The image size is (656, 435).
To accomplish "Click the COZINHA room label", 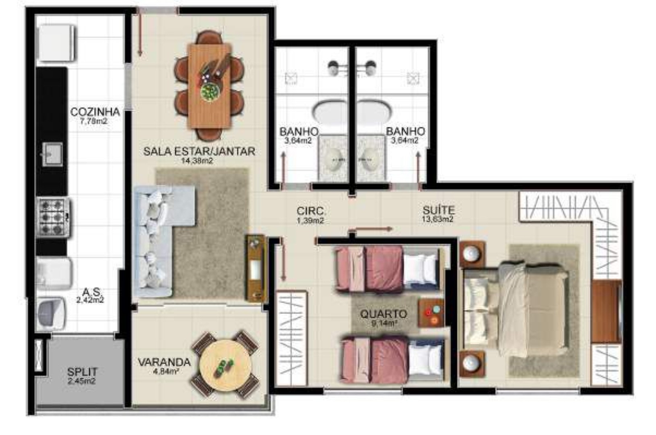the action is click(x=95, y=111).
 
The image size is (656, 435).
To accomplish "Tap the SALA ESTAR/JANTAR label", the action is click(x=199, y=151).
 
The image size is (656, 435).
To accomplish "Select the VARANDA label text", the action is click(x=164, y=362).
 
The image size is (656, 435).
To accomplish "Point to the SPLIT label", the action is click(x=83, y=372).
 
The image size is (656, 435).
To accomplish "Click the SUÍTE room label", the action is click(x=438, y=210).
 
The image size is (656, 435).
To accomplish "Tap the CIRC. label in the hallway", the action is click(x=311, y=211).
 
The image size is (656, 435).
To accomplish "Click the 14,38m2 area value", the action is click(x=197, y=160).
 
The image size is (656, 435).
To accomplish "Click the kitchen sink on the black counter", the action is click(x=53, y=154).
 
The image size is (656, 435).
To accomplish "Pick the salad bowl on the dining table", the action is click(x=209, y=92).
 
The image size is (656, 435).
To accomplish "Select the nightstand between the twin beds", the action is click(x=431, y=313).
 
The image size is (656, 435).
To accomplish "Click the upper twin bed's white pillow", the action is click(x=422, y=267).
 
